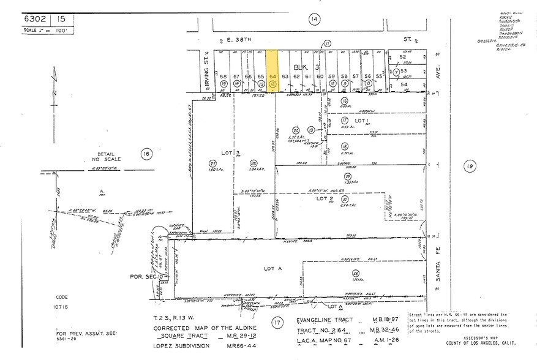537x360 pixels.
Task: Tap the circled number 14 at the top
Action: coord(314,20)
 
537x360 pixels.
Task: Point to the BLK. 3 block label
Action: coord(302,67)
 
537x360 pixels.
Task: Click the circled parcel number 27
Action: coord(213,163)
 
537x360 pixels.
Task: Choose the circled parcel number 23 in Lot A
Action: coord(355,273)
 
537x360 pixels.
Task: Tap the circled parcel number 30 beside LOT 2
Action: coord(345,199)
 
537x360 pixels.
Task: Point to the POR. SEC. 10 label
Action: coord(145,276)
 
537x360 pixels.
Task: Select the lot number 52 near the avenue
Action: coord(402,57)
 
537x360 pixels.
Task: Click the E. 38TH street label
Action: coord(233,37)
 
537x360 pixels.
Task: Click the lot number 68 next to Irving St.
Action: coord(223,76)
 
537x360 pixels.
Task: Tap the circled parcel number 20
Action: coord(296,130)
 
